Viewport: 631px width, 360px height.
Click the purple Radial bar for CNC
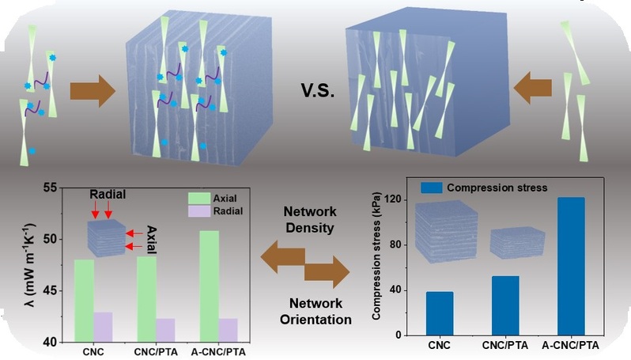tap(103, 327)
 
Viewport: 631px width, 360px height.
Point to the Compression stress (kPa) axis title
tap(377, 256)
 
